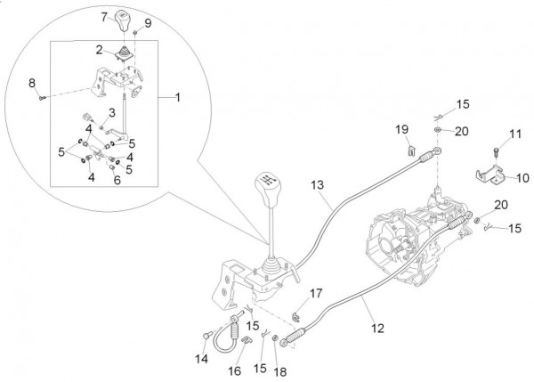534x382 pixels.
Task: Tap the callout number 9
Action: pos(148,22)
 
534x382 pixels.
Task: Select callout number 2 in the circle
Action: pos(101,51)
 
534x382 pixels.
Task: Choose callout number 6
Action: pos(117,179)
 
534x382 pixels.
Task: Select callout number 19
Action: pos(401,130)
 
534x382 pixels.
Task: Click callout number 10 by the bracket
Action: pos(522,177)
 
